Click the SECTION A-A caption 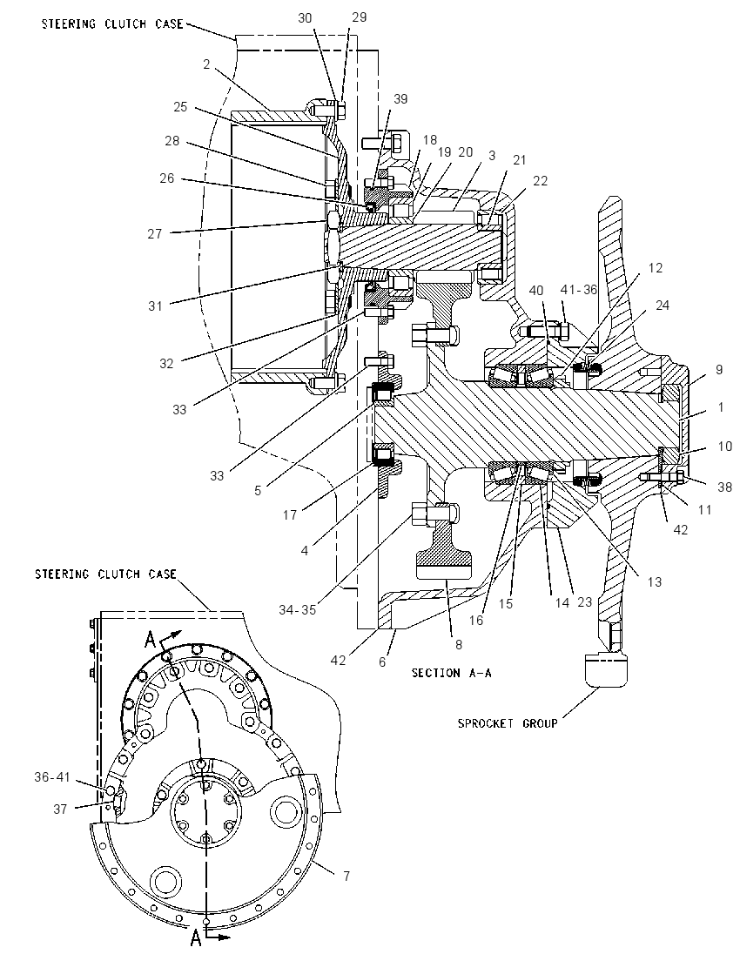point(452,673)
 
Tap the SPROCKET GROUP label point(508,723)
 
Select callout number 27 point(155,233)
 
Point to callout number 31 point(156,306)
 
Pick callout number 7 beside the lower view point(346,877)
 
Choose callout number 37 point(60,809)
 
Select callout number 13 point(654,582)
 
